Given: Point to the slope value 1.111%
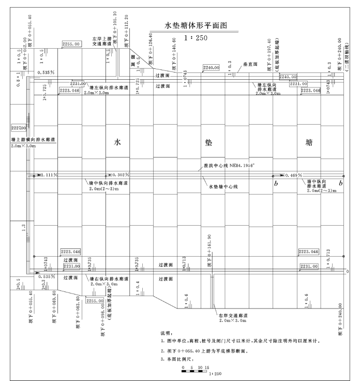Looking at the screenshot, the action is pyautogui.click(x=49, y=175).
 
